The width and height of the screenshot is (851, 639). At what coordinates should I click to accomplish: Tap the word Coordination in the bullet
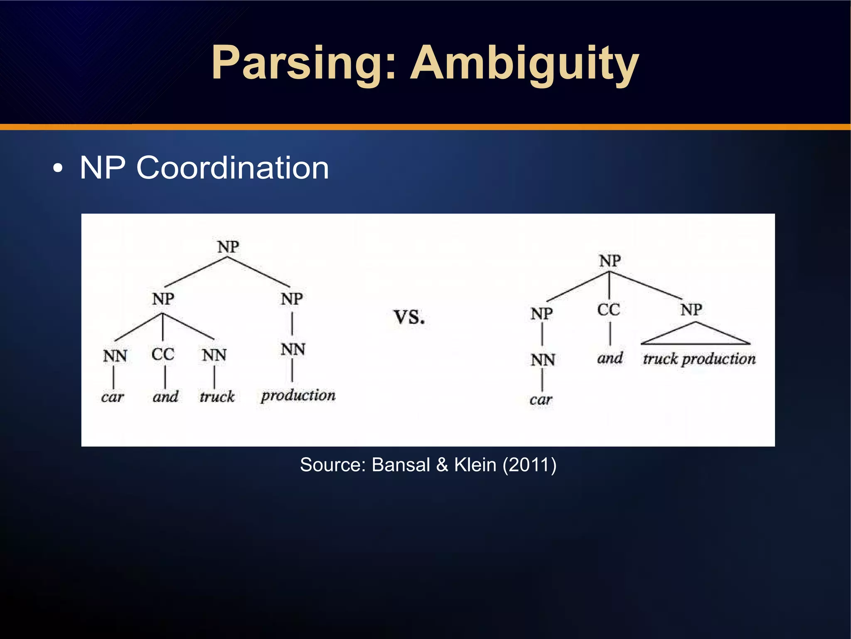point(233,168)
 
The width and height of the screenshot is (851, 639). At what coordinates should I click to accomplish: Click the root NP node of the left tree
point(228,247)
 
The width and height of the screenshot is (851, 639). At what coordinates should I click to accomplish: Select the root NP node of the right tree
point(610,261)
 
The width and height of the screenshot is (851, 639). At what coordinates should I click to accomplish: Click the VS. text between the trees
point(409,317)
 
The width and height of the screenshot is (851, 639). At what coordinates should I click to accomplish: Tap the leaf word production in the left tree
point(298,395)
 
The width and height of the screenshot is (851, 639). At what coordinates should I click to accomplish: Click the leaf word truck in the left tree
point(217,396)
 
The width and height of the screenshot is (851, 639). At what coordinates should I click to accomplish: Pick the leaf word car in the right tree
point(541,400)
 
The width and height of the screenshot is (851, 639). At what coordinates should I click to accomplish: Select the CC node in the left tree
point(162,354)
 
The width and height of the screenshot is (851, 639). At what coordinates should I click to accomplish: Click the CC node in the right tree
point(609,310)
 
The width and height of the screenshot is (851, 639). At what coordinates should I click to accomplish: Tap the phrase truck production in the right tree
point(699,359)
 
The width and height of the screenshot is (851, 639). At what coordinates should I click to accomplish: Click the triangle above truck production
point(695,335)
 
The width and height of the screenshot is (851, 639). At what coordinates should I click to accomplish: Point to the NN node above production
point(293,349)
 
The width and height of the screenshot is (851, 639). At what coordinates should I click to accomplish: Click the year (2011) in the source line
point(529,465)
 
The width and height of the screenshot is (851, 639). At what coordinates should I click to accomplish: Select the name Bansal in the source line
point(401,465)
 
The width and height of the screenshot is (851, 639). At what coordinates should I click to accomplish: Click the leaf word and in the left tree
point(165,396)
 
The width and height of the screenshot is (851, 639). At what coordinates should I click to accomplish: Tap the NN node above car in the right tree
point(543,360)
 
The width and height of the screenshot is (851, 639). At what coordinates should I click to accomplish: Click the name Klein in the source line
point(475,465)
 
